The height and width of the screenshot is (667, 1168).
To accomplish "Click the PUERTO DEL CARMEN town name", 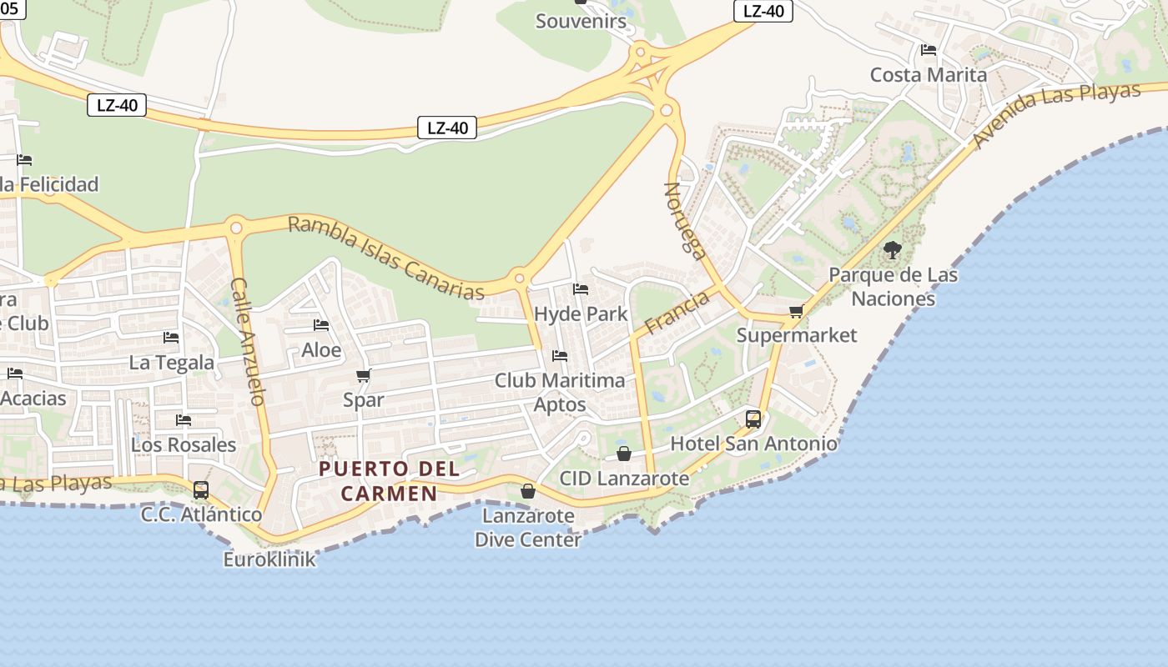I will coord(390,481).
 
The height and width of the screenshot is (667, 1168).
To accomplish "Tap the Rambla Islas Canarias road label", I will coord(385,258).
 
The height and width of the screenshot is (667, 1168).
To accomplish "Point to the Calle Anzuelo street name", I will coord(248,341).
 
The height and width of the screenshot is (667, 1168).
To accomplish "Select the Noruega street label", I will coord(685,221).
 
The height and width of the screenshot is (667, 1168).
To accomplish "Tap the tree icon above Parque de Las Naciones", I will coord(893,249).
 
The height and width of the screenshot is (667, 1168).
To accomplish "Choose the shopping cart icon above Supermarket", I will coord(797,312).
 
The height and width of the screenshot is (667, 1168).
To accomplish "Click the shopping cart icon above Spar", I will coord(363,376).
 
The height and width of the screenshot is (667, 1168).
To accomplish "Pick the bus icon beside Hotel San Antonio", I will coord(753,419).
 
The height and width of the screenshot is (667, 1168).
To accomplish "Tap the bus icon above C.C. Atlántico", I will coord(201,490).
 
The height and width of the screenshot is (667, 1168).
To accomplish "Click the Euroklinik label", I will coord(269,559).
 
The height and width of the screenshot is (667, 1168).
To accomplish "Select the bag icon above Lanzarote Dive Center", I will coord(528,491).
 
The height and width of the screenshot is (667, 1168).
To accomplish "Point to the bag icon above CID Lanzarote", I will coord(624,454).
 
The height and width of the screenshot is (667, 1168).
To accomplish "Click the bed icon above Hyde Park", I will coord(581,289).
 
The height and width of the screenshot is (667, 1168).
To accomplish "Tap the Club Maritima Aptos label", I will coord(560,393).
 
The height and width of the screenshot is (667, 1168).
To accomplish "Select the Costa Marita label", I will coord(928,75).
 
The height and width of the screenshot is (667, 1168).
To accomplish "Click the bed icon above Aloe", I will coord(321,325).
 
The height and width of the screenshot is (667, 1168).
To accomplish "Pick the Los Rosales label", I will coord(184,444).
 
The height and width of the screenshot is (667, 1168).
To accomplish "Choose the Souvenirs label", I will coord(581,21).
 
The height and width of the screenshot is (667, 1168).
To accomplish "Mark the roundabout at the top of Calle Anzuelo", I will coord(236,227).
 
